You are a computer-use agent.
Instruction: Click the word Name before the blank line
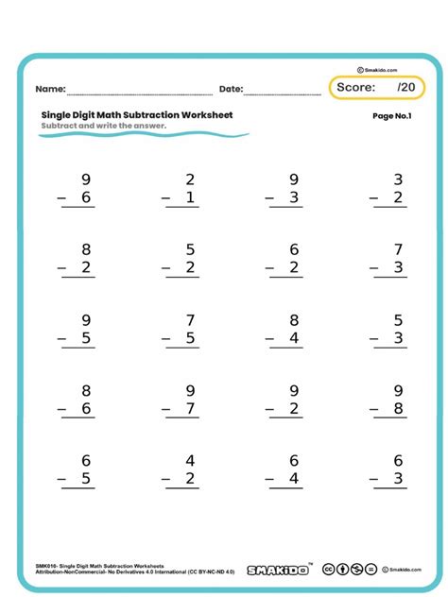(x=49, y=89)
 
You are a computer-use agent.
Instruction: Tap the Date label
(x=231, y=89)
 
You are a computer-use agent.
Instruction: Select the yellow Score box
(x=377, y=88)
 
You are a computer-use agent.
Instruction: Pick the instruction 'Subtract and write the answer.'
(x=104, y=126)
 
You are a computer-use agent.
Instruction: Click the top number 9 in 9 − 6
(x=86, y=179)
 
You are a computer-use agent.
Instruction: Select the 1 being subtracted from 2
(x=190, y=198)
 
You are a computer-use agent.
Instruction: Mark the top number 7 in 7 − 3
(x=398, y=250)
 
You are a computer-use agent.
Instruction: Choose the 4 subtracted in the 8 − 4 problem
(x=294, y=338)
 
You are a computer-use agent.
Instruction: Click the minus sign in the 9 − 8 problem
(x=373, y=409)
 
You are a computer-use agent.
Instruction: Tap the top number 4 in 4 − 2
(x=190, y=461)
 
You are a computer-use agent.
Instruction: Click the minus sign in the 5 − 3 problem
(x=373, y=338)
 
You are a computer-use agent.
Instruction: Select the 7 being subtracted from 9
(x=190, y=409)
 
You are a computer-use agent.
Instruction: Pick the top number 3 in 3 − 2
(x=398, y=179)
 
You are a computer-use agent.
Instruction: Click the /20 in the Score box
(x=405, y=88)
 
